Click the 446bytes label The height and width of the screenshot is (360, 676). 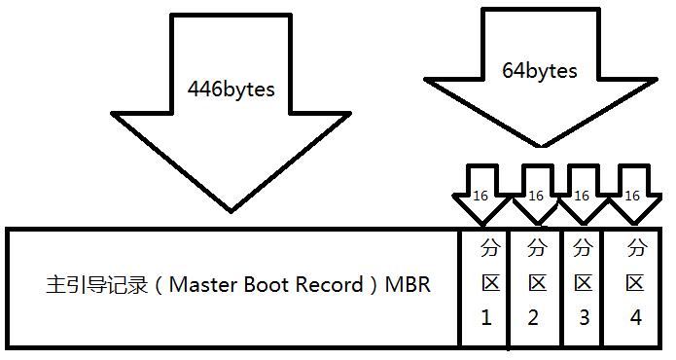[x=231, y=90]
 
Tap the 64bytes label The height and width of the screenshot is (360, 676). [x=539, y=71]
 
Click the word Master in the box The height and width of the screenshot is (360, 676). [x=202, y=285]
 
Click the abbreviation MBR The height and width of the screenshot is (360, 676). [x=408, y=285]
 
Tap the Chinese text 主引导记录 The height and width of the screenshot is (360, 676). [x=97, y=285]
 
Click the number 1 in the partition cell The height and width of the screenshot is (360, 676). [x=486, y=318]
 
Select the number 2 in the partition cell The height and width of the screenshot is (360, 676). [x=533, y=318]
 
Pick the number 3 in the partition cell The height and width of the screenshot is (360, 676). [x=585, y=318]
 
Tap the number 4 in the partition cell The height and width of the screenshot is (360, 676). [x=636, y=318]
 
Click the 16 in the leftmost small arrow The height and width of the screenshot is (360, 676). [x=480, y=196]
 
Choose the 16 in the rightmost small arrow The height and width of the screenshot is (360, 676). [x=632, y=196]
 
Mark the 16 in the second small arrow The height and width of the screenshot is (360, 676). [x=536, y=196]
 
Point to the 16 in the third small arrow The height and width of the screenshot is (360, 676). [x=582, y=196]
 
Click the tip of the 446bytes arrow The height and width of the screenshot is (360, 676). [x=231, y=212]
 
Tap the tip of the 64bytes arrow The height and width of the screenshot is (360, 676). [x=542, y=147]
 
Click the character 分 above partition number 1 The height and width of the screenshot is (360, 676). [x=490, y=247]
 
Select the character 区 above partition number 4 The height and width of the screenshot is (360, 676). [x=636, y=283]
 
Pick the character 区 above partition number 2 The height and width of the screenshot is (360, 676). [x=537, y=283]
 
